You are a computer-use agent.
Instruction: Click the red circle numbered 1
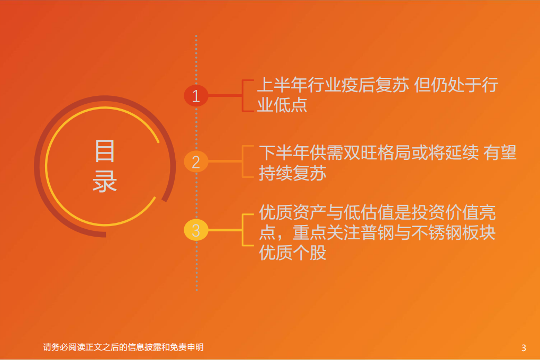coord(196,96)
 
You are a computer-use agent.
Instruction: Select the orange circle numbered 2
coord(196,161)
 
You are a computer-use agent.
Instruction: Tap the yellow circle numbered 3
coord(196,230)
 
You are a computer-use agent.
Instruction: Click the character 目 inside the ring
coord(105,151)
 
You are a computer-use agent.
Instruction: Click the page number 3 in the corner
coord(524,348)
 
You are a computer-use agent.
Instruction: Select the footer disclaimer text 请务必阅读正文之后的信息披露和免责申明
coord(123,348)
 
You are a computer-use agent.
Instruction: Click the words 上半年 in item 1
coord(282,85)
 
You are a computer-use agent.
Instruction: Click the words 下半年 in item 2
coord(284,153)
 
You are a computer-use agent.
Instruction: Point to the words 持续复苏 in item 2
coord(292,173)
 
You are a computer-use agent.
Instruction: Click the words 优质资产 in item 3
coord(292,213)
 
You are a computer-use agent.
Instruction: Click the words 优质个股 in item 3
coord(292,253)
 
